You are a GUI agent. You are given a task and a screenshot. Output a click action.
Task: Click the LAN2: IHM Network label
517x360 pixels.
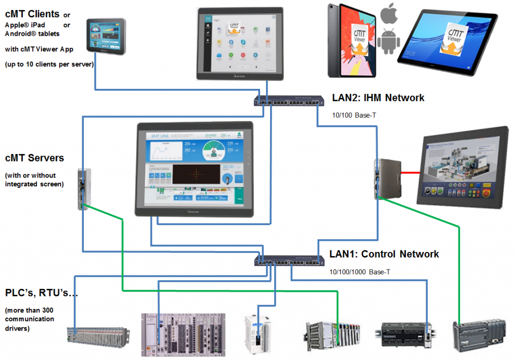pyautogui.click(x=378, y=98)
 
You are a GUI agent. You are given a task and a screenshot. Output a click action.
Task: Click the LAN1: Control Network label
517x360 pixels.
pyautogui.click(x=384, y=254)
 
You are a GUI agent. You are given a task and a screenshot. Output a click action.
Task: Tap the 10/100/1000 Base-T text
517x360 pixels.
pyautogui.click(x=360, y=272)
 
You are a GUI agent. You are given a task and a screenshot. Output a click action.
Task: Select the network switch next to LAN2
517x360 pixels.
pyautogui.click(x=289, y=100)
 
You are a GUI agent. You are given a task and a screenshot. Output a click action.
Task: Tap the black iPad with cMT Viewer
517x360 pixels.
pyautogui.click(x=351, y=40)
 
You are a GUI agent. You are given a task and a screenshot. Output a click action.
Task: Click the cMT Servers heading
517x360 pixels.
pyautogui.click(x=34, y=158)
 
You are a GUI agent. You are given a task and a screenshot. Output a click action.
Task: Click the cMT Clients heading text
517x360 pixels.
pyautogui.click(x=32, y=14)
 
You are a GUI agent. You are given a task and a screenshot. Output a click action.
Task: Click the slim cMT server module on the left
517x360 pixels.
pyautogui.click(x=84, y=189)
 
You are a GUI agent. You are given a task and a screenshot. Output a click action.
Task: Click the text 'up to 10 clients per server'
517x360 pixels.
pyautogui.click(x=49, y=64)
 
